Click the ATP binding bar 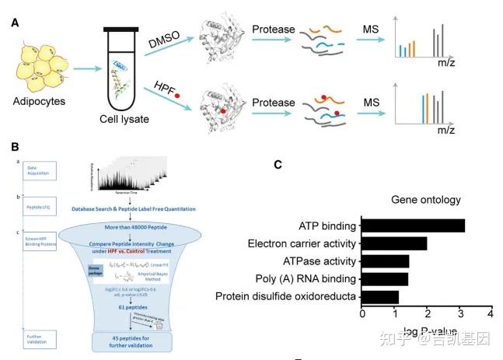click(x=414, y=225)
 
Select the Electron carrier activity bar click(x=394, y=243)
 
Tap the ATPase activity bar click(x=386, y=261)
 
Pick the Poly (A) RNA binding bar click(x=385, y=278)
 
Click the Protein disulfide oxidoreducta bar click(x=380, y=296)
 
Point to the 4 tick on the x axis click(x=491, y=313)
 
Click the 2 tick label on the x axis click(x=427, y=313)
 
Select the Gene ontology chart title click(x=426, y=200)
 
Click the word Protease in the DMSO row click(x=273, y=30)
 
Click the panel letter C click(x=278, y=164)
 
